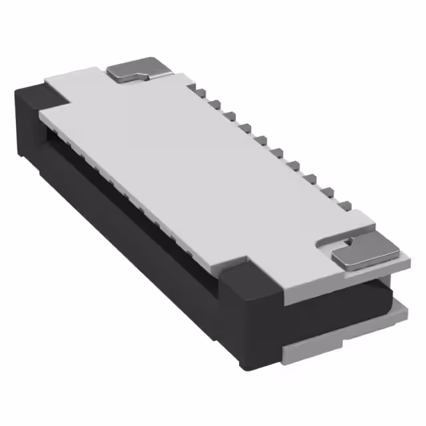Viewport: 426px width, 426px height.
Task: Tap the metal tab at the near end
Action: pyautogui.click(x=365, y=254)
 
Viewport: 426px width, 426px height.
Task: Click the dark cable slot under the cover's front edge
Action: pyautogui.click(x=133, y=200)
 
